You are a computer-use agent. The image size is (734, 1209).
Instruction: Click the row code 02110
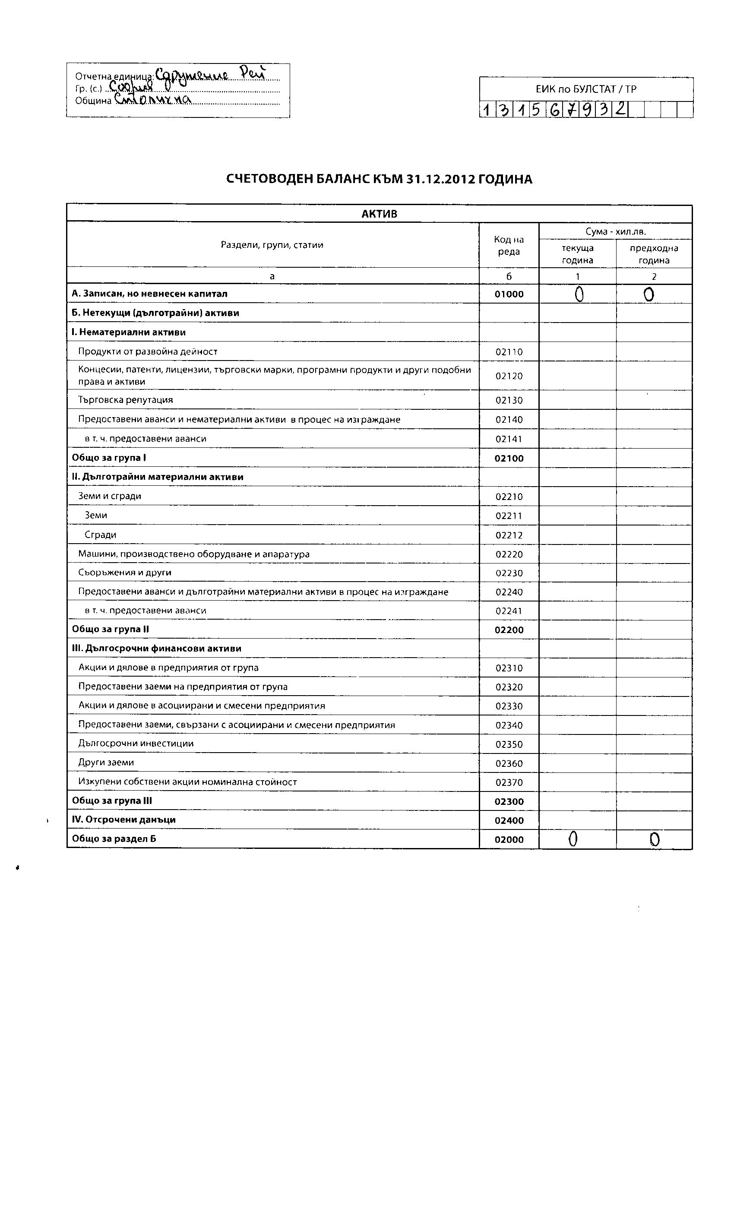pyautogui.click(x=509, y=352)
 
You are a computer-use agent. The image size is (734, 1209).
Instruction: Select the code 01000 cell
pyautogui.click(x=509, y=294)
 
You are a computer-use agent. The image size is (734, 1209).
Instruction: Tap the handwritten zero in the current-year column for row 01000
pyautogui.click(x=579, y=294)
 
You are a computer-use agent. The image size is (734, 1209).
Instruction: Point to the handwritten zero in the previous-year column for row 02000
pyautogui.click(x=654, y=839)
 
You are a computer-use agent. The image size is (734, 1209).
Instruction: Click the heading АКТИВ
pyautogui.click(x=379, y=214)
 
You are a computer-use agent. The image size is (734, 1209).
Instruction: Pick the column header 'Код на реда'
pyautogui.click(x=509, y=245)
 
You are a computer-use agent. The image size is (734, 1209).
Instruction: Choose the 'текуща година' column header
pyautogui.click(x=578, y=254)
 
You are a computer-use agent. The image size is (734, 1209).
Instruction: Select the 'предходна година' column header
pyautogui.click(x=654, y=254)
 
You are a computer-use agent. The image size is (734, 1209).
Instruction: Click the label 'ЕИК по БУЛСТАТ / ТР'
pyautogui.click(x=586, y=89)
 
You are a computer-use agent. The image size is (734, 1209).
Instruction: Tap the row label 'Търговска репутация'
pyautogui.click(x=126, y=400)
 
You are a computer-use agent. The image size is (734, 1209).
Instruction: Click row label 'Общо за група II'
pyautogui.click(x=111, y=629)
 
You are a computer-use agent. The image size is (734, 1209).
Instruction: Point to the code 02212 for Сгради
pyautogui.click(x=509, y=535)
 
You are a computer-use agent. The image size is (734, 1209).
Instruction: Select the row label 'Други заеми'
pyautogui.click(x=106, y=763)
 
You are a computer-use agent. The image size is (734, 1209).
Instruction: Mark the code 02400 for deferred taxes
pyautogui.click(x=509, y=820)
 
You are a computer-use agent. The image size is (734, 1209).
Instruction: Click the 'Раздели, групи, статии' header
pyautogui.click(x=272, y=245)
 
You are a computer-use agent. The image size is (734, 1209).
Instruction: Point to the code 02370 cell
pyautogui.click(x=509, y=782)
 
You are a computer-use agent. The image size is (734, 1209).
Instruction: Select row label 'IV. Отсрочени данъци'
pyautogui.click(x=123, y=820)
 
